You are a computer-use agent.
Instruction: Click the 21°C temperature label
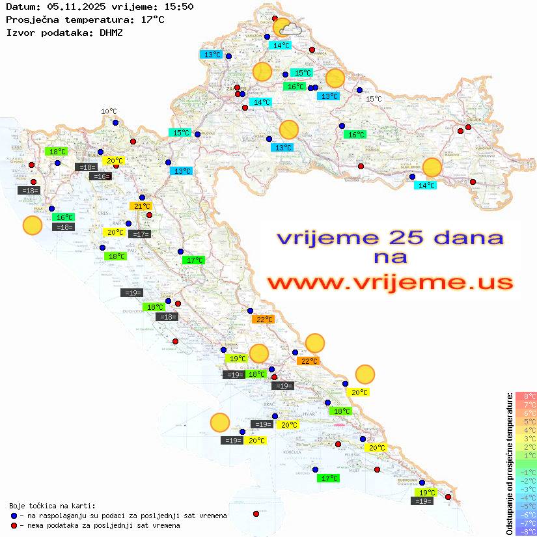click(142, 206)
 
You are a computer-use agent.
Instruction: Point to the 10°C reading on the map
click(109, 111)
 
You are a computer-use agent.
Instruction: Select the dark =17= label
click(141, 234)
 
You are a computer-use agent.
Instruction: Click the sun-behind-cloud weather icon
click(286, 28)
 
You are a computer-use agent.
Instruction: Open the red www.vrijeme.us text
click(389, 282)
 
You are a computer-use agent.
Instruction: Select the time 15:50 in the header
click(178, 7)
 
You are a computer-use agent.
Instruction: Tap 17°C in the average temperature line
click(152, 19)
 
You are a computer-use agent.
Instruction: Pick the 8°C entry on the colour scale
click(526, 396)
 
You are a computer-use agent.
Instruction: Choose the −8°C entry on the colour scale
click(526, 531)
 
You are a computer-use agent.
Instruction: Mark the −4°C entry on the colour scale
click(526, 497)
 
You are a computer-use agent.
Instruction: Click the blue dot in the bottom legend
click(14, 516)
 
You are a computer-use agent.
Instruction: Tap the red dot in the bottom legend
click(14, 525)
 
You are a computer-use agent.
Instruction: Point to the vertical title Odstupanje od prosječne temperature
click(510, 463)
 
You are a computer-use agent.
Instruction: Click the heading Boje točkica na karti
click(52, 506)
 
